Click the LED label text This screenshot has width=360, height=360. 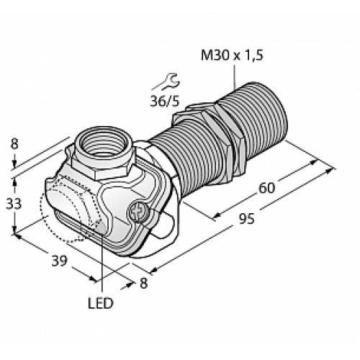click(x=101, y=303)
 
